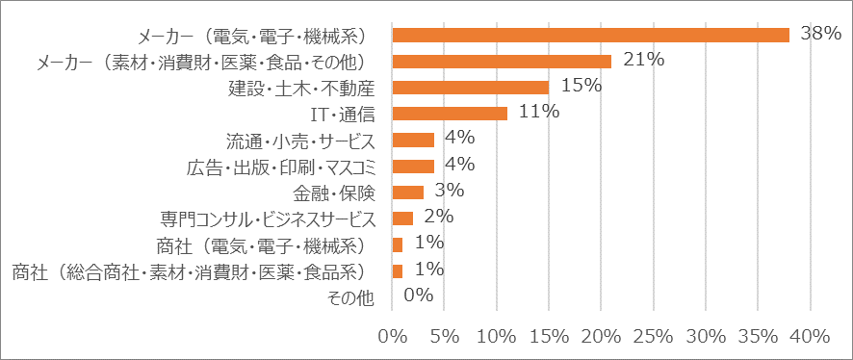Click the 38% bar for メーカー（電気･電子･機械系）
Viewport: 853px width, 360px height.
591,36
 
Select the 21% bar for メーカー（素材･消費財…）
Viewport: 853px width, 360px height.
502,62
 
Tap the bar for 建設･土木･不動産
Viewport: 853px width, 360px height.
471,88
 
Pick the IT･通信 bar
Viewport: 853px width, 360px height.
450,114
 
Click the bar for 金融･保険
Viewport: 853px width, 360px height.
408,193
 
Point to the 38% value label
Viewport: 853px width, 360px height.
821,34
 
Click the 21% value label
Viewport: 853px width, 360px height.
644,60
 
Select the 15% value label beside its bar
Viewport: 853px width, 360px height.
581,86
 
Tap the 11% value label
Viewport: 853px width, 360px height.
539,112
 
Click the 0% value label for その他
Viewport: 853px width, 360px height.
418,295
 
